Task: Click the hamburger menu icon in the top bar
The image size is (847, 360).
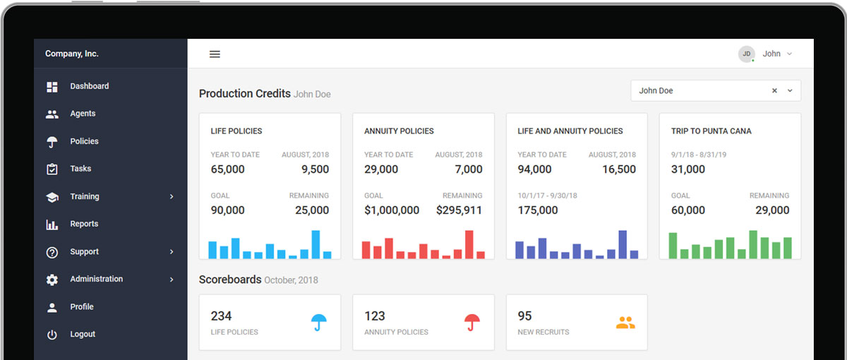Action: [x=215, y=54]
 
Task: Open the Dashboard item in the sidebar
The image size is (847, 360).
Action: [x=89, y=86]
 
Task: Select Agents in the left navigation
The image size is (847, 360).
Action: [x=83, y=114]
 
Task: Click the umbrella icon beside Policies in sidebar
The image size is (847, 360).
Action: [x=52, y=142]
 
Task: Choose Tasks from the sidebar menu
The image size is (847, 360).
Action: [x=80, y=169]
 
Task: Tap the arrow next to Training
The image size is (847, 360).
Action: [x=172, y=197]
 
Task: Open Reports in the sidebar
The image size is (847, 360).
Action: [x=84, y=224]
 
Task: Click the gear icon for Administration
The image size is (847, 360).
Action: [x=52, y=280]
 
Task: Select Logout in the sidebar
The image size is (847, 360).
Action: [x=83, y=335]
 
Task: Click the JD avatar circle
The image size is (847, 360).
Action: [x=746, y=54]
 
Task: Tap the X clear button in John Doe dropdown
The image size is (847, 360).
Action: [x=774, y=91]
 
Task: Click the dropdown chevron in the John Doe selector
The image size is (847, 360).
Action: [x=790, y=91]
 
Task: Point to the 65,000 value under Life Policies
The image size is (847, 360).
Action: [x=228, y=169]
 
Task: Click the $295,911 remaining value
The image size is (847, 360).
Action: [x=459, y=210]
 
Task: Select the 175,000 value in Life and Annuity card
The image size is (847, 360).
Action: [x=538, y=210]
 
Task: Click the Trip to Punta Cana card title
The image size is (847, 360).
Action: [x=711, y=131]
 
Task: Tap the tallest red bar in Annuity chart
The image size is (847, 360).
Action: [x=469, y=244]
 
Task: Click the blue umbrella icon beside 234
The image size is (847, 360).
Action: [x=319, y=323]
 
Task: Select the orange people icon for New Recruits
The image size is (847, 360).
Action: [x=625, y=323]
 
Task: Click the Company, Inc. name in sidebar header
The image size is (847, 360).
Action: [x=72, y=54]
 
